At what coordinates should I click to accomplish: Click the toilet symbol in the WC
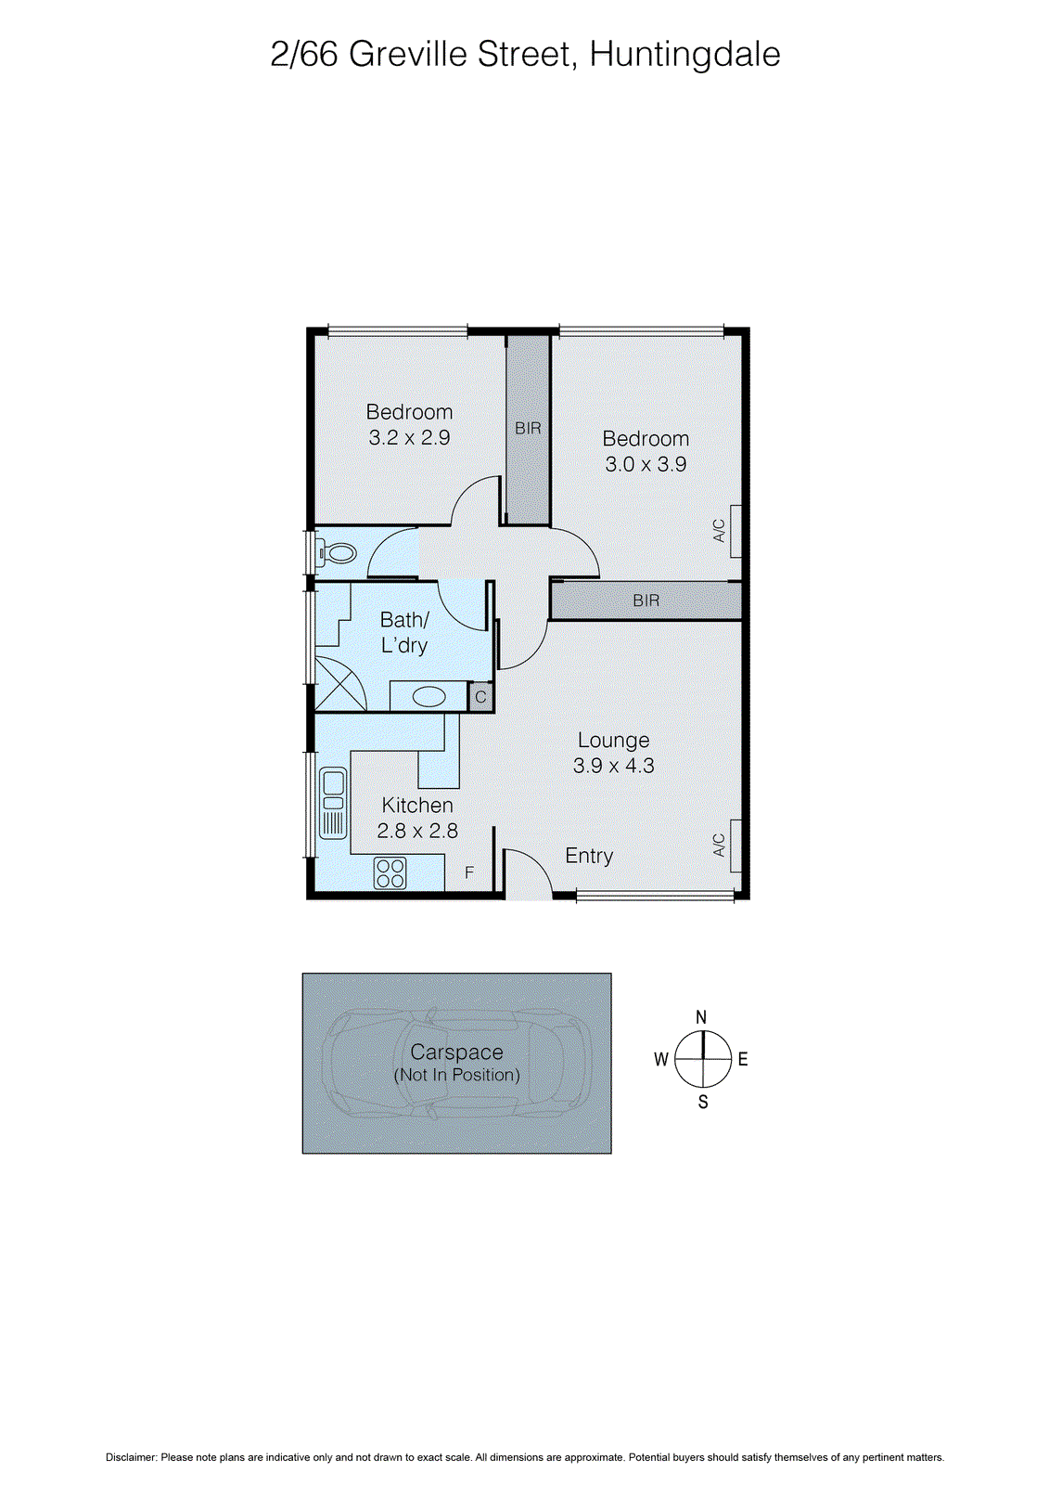point(339,554)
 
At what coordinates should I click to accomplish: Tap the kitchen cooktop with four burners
point(390,873)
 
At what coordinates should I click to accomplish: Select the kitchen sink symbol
point(333,802)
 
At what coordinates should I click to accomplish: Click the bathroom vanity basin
point(429,696)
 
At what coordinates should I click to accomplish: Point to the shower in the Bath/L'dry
point(340,683)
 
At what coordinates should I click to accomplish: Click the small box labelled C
point(480,697)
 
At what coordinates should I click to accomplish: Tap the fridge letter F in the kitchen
point(469,872)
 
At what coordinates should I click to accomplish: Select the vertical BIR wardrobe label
point(528,429)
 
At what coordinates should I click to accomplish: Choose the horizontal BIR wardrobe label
point(646,601)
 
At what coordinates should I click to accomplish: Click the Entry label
point(589,856)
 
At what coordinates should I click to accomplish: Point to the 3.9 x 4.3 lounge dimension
point(613,766)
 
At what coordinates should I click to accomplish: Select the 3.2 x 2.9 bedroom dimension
point(409,438)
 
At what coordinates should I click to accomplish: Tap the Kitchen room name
point(417,806)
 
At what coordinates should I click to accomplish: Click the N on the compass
point(701,1017)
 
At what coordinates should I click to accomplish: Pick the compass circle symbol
point(703,1059)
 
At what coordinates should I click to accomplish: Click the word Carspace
point(456,1052)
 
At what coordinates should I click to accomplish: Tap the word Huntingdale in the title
point(684,55)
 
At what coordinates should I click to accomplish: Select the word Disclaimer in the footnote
point(130,1457)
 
